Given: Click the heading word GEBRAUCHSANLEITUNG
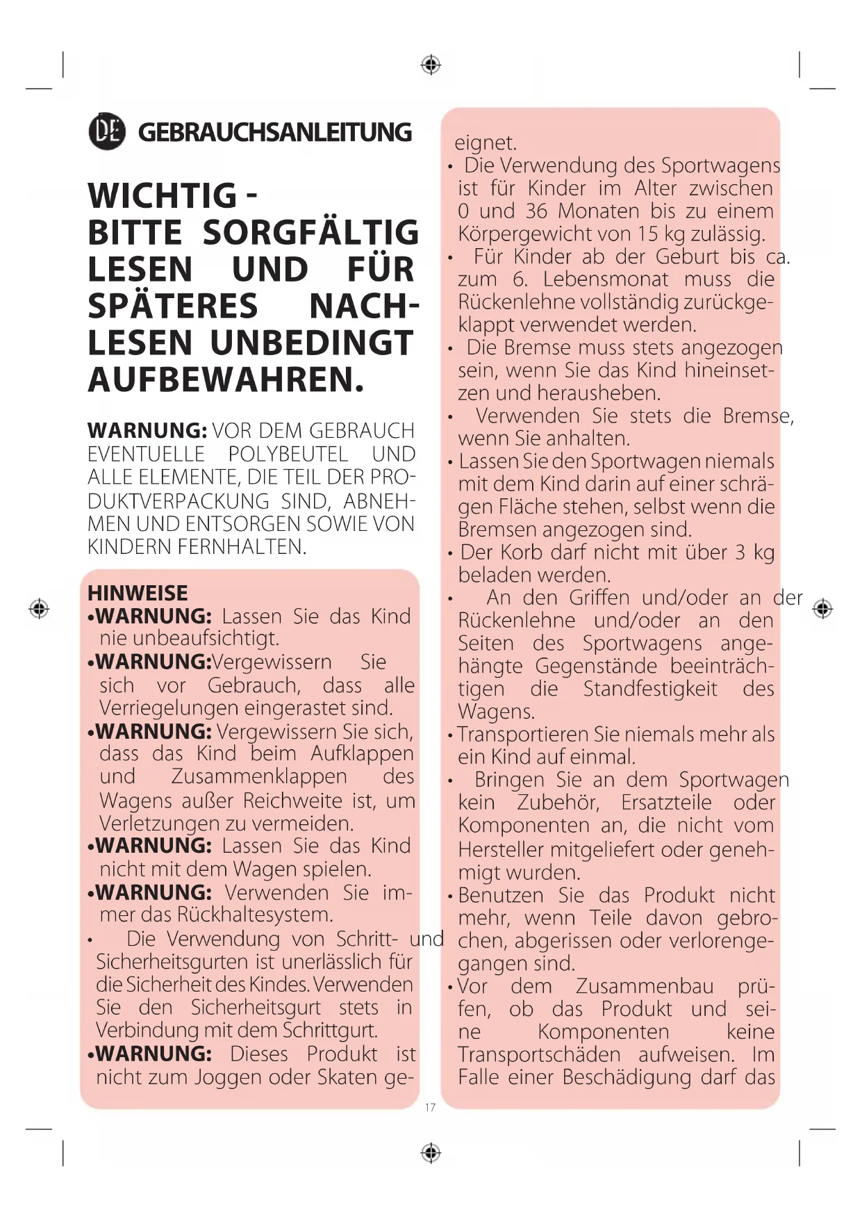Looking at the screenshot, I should (274, 132).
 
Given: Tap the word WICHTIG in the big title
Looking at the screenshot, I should (162, 195).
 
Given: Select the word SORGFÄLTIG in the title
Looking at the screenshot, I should (310, 233).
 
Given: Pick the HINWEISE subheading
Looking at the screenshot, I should (138, 593).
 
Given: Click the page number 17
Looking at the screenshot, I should (430, 1107).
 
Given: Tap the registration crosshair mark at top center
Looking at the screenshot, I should (431, 65).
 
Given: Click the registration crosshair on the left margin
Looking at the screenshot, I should (39, 608).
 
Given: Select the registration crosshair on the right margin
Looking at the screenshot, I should (822, 609).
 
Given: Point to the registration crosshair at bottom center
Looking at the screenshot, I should (431, 1153).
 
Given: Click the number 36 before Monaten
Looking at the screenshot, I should (536, 211).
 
